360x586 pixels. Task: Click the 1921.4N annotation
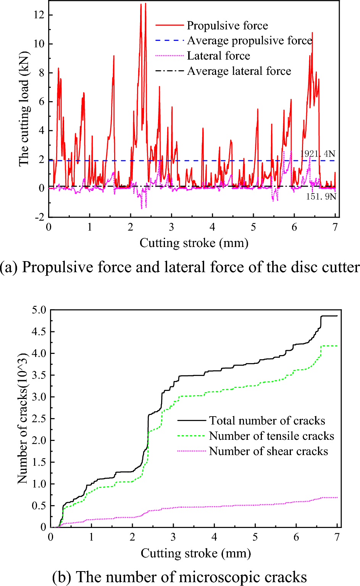coord(318,154)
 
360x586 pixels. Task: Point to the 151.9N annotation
coord(321,197)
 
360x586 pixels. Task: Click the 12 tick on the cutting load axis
coord(39,15)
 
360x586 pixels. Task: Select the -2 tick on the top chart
coord(39,217)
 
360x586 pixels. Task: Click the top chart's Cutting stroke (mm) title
coord(194,243)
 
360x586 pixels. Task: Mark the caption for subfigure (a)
coord(180,267)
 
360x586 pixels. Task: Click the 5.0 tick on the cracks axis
coord(38,310)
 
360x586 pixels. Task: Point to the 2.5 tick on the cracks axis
coord(38,418)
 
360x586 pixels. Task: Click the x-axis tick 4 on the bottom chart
coord(214,537)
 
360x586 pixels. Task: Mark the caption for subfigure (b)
coord(179,577)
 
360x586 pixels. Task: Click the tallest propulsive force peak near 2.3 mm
coord(145,4)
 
